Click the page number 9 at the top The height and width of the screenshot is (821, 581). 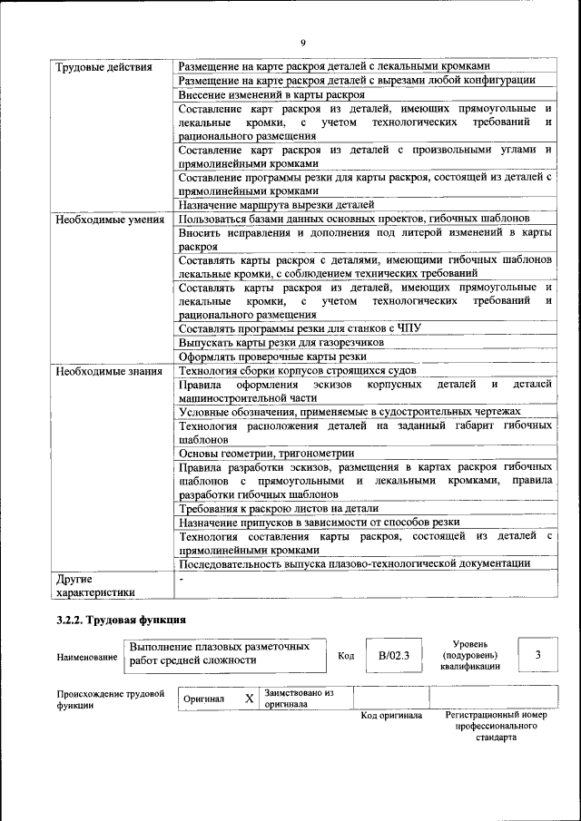[303, 43]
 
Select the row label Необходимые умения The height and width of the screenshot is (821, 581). [109, 220]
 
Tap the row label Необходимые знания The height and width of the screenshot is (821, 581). [108, 371]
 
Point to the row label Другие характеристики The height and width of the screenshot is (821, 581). [95, 585]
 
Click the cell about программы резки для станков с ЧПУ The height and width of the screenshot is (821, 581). [299, 328]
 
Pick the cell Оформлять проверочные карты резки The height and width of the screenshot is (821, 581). [272, 357]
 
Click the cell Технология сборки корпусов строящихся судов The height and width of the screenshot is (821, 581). [297, 371]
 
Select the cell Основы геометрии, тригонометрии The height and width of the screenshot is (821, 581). [266, 453]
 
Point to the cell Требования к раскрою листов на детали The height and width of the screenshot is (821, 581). [285, 508]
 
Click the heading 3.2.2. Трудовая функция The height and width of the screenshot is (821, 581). [122, 621]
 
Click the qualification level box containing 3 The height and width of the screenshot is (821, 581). [537, 654]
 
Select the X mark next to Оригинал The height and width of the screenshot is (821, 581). [249, 699]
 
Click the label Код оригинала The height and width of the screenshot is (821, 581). [391, 716]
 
